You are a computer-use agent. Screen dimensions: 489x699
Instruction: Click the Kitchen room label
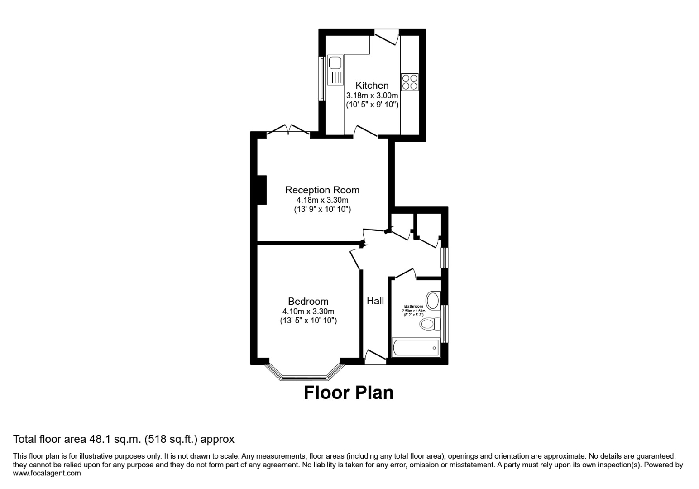click(x=372, y=85)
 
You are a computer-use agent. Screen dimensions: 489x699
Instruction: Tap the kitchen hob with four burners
click(x=410, y=82)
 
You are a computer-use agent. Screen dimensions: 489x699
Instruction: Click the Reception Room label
click(x=322, y=190)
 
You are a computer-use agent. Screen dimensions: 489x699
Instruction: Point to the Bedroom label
click(x=308, y=301)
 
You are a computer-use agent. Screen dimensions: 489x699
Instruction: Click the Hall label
click(x=375, y=301)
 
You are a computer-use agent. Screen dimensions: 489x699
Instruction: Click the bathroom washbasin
click(x=433, y=300)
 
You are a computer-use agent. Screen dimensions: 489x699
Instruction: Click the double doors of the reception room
click(x=288, y=130)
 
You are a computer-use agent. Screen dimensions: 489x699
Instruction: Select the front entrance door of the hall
click(x=375, y=357)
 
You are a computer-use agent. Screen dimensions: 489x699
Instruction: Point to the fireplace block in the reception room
click(x=261, y=189)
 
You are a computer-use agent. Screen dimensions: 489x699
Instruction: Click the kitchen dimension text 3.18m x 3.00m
click(x=372, y=96)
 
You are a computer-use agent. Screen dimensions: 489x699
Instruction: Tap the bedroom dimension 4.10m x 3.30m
click(x=308, y=311)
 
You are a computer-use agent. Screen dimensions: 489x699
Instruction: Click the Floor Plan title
click(x=348, y=392)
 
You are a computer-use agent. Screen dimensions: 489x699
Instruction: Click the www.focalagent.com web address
click(x=47, y=473)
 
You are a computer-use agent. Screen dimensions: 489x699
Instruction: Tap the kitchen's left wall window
click(x=322, y=78)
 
